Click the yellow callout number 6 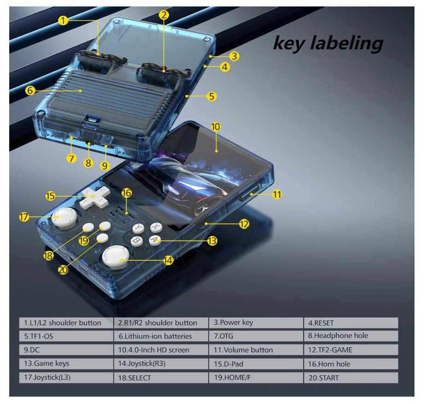(x=30, y=91)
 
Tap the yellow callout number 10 (x=216, y=126)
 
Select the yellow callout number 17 (x=24, y=217)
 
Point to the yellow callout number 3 (x=234, y=56)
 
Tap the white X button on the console (x=157, y=227)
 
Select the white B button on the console (x=137, y=240)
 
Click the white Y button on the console (x=138, y=228)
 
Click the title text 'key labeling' (x=328, y=43)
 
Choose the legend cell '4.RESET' (x=350, y=323)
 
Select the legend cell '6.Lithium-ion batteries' (x=160, y=337)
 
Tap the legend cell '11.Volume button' (x=256, y=350)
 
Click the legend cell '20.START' (x=350, y=378)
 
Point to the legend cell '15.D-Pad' (x=256, y=364)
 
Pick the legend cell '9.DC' (x=65, y=350)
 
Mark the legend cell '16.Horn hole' (x=350, y=364)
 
